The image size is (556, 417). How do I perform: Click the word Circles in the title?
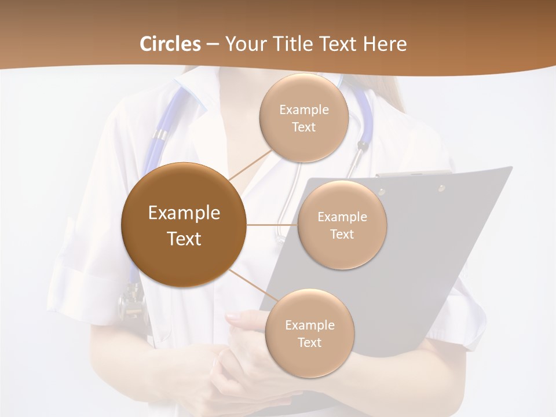170,44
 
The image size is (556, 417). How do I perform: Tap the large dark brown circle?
184,225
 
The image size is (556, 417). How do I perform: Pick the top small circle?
303,118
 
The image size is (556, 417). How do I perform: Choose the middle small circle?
342,225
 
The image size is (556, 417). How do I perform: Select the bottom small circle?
309,333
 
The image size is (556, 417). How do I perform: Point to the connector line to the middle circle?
272,225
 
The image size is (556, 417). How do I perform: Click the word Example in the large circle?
184,213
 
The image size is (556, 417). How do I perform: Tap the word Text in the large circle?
184,239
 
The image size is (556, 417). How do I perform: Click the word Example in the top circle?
303,109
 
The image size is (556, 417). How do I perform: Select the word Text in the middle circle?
342,234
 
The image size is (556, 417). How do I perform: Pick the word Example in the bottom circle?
309,325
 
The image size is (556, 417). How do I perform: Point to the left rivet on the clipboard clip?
382,191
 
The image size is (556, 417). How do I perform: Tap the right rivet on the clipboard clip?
441,188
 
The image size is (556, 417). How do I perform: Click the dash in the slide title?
213,45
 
